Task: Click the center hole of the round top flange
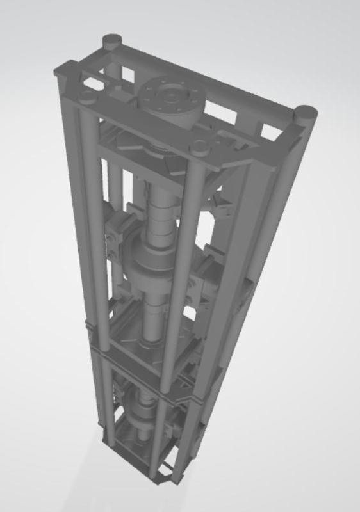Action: click(x=172, y=97)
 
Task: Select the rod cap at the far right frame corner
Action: click(x=306, y=115)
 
